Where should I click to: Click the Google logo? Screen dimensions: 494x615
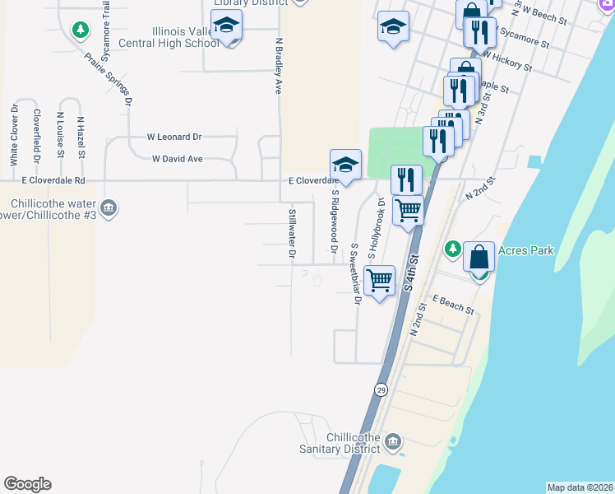tap(27, 484)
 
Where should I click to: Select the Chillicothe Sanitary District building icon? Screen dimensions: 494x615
tap(392, 443)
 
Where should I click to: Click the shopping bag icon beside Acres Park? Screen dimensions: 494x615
tap(479, 257)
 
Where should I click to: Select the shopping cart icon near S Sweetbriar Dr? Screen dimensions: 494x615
tap(379, 281)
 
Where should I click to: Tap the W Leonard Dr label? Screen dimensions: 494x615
tap(173, 137)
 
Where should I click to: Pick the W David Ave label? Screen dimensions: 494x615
tap(178, 159)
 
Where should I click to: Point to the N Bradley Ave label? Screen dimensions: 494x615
tap(280, 64)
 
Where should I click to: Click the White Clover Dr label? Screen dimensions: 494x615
tap(14, 133)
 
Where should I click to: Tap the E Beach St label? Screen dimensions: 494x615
tap(453, 305)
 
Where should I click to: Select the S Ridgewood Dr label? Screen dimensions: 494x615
tap(335, 221)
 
